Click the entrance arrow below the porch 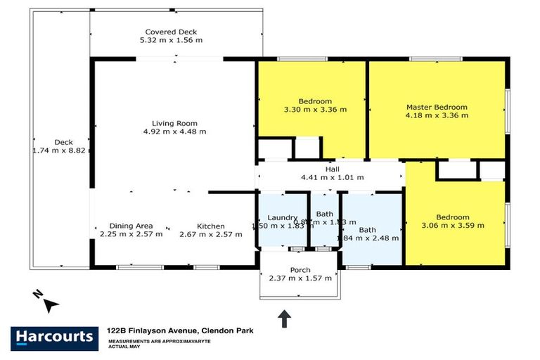point(285,319)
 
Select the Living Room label point(173,123)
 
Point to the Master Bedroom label point(437,108)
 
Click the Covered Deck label point(171,32)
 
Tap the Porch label point(300,270)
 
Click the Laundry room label point(283,217)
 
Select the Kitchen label point(211,226)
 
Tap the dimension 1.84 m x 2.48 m point(369,238)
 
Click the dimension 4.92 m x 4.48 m point(173,131)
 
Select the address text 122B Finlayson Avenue point(151,329)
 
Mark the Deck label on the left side point(63,142)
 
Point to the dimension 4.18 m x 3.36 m point(437,116)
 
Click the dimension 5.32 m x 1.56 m point(171,40)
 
